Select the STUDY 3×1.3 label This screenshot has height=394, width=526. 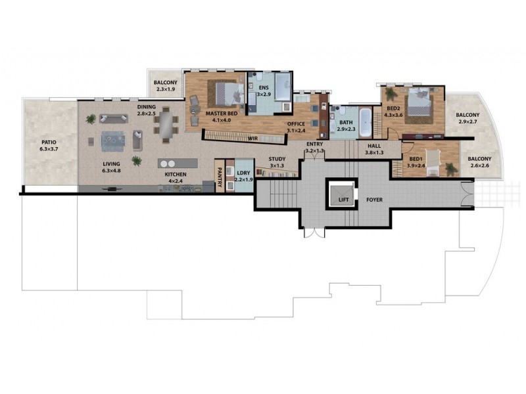275,162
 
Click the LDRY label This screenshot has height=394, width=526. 243,175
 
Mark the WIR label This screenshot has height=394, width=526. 251,139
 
